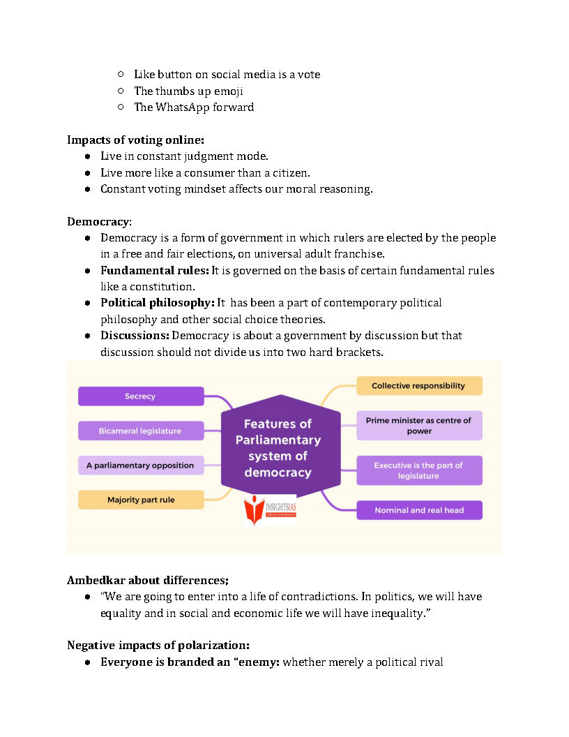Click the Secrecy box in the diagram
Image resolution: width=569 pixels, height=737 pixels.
(141, 396)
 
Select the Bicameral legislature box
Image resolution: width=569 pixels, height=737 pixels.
(141, 431)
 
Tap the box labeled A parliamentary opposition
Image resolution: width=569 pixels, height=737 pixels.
(141, 466)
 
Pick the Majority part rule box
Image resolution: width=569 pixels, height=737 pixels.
(141, 500)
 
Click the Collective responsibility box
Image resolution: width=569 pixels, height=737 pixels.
(419, 386)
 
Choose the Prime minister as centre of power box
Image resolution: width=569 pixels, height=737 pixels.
(419, 426)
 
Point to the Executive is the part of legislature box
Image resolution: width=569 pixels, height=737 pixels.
(419, 470)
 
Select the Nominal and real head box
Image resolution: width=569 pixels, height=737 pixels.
(419, 510)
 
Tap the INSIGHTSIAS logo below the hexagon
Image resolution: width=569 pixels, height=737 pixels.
(270, 509)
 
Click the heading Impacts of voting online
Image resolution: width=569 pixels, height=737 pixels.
(135, 140)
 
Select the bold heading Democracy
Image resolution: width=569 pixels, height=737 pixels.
(98, 221)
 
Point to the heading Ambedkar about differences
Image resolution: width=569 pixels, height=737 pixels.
(148, 580)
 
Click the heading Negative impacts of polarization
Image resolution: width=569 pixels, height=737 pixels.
(158, 645)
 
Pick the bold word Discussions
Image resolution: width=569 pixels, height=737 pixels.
(135, 336)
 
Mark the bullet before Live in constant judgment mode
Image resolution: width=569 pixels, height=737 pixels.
(88, 156)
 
